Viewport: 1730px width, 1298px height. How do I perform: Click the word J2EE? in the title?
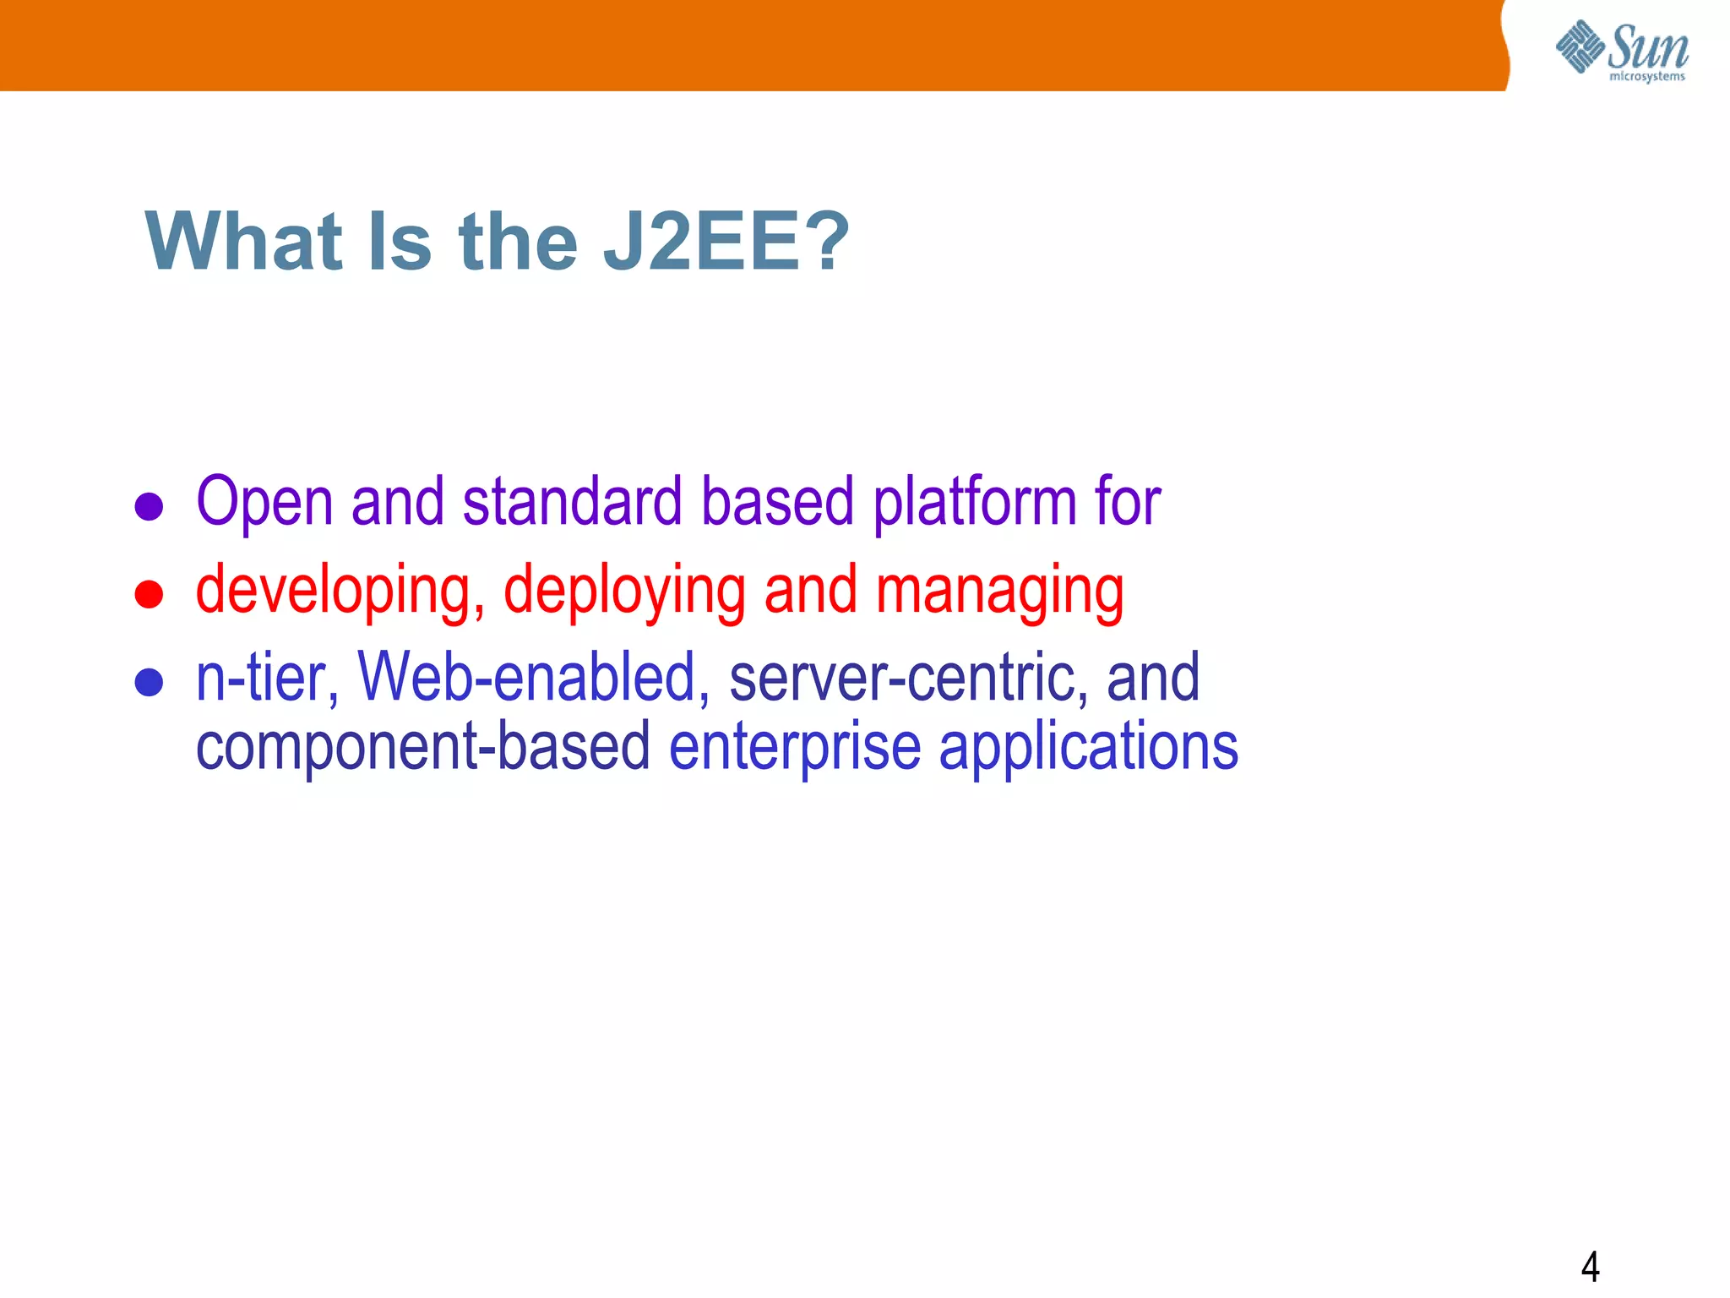click(725, 243)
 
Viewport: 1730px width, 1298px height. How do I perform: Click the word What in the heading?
click(243, 243)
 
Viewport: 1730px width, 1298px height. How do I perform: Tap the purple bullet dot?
click(149, 506)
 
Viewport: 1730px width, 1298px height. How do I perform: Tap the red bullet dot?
click(149, 594)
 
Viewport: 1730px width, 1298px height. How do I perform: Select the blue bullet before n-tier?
click(149, 682)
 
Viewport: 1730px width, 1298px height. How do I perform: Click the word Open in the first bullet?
click(264, 503)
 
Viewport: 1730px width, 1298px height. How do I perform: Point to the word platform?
click(974, 503)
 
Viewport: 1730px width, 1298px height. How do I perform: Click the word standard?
click(572, 503)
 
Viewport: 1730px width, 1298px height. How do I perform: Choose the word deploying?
click(624, 591)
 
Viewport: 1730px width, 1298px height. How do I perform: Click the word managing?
click(999, 591)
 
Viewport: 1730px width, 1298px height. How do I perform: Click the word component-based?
click(423, 747)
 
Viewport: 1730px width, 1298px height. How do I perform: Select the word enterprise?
click(795, 747)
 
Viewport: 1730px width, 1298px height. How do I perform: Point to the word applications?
click(1088, 747)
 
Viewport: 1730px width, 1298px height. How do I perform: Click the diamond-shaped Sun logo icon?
click(1580, 46)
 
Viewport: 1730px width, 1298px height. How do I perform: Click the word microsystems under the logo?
click(1646, 77)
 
